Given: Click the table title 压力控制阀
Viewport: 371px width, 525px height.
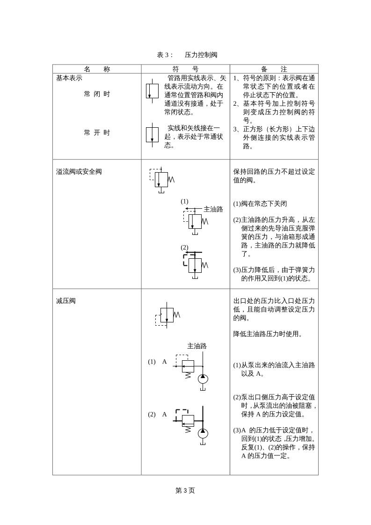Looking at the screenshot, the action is tap(201, 55).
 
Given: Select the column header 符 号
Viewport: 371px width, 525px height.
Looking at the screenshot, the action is tap(186, 69).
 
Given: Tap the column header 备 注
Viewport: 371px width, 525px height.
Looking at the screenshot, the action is tap(274, 69).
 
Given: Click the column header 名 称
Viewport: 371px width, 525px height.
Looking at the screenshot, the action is tap(97, 69).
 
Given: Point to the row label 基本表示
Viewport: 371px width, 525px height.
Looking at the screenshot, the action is tap(69, 78).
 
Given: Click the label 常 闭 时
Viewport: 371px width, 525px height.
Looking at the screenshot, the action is tap(97, 94).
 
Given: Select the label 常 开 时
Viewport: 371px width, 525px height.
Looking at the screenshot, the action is tap(97, 133).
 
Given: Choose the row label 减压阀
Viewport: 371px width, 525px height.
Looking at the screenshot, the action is tap(66, 301).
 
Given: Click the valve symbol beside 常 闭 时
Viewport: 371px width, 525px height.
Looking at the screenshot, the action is tap(152, 91).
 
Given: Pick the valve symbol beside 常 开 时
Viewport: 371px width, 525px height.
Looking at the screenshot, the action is tap(152, 134).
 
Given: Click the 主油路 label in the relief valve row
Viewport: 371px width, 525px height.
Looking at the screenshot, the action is tap(213, 209).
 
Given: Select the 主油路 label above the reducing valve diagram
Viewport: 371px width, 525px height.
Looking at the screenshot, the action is tap(197, 346).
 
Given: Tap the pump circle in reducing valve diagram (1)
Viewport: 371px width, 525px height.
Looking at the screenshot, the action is tap(203, 379).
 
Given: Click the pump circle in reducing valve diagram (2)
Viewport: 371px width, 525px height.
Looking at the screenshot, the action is tap(203, 433).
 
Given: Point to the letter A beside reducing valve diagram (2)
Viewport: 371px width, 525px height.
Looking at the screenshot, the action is tap(164, 415).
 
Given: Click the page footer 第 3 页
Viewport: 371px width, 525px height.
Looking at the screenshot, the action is tap(185, 490).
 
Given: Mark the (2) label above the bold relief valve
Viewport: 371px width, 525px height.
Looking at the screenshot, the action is tap(184, 247).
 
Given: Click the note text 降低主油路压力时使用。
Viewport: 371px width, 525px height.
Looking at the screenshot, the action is tap(268, 334).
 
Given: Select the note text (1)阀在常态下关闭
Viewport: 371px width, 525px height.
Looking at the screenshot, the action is tap(260, 204).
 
